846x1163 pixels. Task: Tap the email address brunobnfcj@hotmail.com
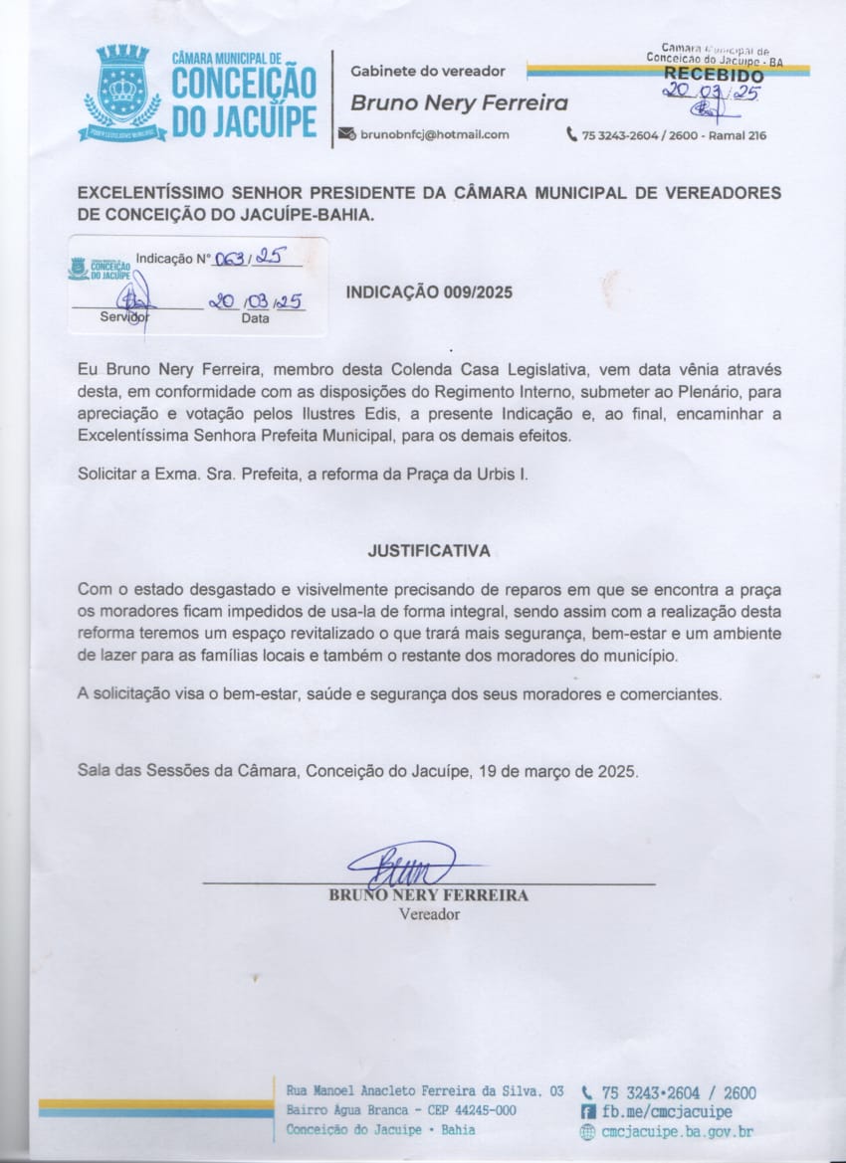pos(435,134)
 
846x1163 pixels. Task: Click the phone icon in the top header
pos(572,134)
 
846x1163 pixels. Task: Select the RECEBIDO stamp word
pos(714,74)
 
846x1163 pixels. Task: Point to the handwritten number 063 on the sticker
pos(229,258)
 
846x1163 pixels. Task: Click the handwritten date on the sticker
pos(255,301)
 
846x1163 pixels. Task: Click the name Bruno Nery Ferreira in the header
pos(459,102)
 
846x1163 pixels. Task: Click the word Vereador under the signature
pos(429,913)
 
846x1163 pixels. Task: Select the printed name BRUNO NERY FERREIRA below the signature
pos(429,895)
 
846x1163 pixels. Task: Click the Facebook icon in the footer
pos(587,1111)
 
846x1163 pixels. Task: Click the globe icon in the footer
pos(587,1131)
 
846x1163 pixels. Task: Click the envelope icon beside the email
pos(346,134)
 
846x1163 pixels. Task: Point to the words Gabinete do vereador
pos(428,71)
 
